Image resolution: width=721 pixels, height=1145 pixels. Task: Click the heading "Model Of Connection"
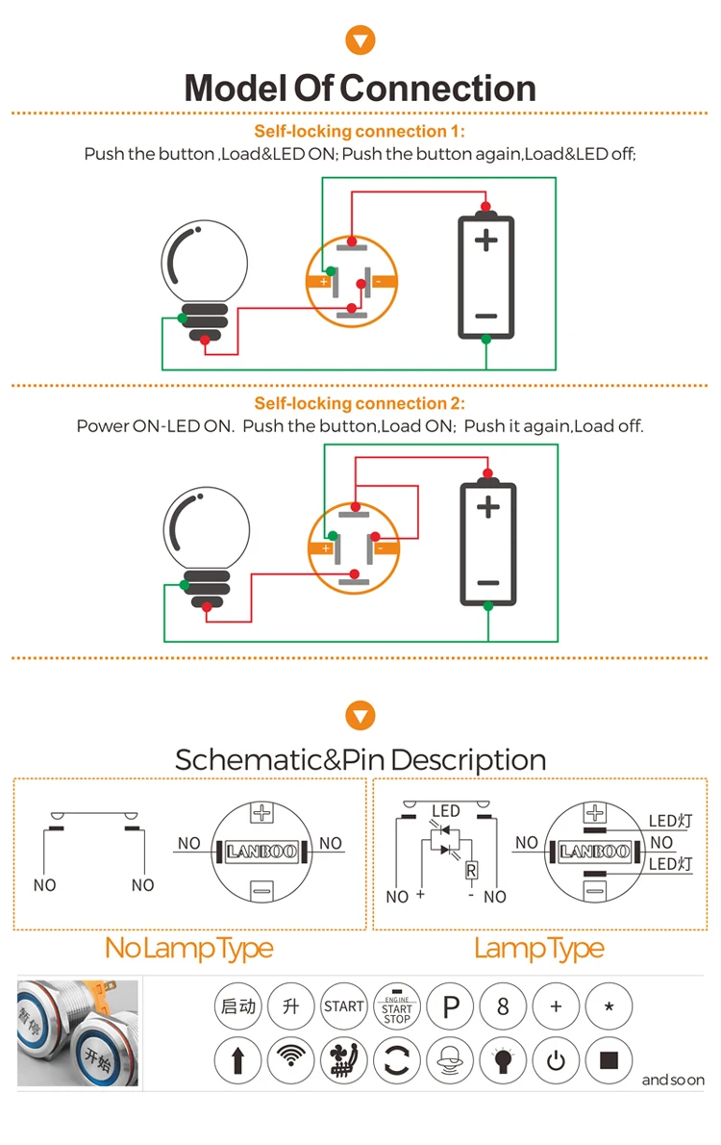tap(360, 89)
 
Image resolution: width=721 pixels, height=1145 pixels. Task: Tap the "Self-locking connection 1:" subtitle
tap(360, 132)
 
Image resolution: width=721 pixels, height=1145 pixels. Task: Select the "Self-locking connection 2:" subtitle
tap(360, 404)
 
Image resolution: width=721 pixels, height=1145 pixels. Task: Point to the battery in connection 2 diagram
tap(488, 545)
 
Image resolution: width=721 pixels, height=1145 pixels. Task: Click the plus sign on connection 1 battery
tap(486, 239)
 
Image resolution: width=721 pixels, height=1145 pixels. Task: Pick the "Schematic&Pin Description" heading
tap(360, 760)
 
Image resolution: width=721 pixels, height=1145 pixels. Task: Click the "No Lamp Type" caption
tap(189, 949)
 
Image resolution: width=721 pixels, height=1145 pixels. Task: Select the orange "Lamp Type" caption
tap(538, 949)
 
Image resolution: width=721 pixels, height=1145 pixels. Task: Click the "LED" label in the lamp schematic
tap(446, 811)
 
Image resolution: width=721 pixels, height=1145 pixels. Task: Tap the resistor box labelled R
tap(471, 871)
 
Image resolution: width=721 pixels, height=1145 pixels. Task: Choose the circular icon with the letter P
tap(450, 1007)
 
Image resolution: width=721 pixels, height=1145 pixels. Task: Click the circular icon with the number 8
tap(503, 1007)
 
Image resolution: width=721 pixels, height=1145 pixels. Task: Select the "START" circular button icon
tap(344, 1007)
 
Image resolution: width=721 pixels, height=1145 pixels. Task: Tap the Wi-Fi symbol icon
tap(290, 1061)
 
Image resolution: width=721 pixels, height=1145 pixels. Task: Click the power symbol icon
tap(556, 1061)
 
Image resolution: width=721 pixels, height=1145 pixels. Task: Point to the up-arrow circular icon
tap(237, 1061)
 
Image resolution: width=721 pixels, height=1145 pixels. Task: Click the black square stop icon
tap(609, 1061)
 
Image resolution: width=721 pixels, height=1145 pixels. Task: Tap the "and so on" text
tap(673, 1081)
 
